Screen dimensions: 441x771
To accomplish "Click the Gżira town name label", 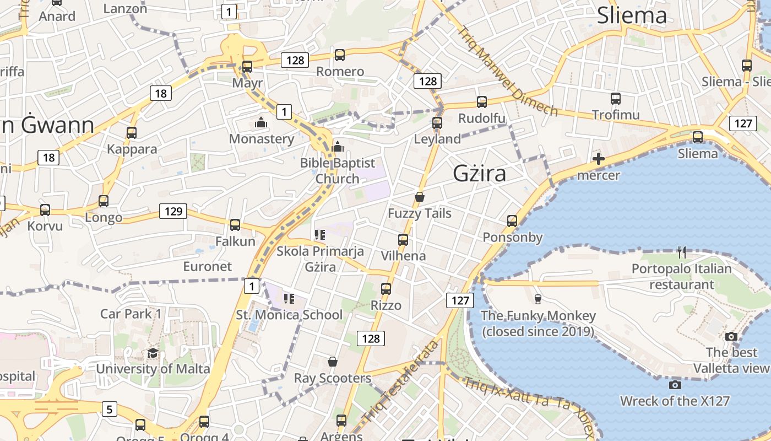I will [480, 174].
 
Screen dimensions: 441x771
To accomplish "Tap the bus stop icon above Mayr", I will [247, 67].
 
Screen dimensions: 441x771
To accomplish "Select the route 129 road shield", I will [173, 211].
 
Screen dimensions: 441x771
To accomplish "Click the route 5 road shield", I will [110, 409].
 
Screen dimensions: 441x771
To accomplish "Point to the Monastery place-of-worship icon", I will [261, 122].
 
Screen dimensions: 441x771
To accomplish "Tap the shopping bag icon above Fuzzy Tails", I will [420, 197].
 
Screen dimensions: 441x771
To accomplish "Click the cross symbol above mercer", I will [599, 159].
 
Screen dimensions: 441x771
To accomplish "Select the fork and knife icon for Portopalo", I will [682, 252].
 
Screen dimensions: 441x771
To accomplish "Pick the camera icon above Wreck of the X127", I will [675, 385].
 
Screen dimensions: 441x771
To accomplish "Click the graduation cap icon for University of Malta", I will [153, 353].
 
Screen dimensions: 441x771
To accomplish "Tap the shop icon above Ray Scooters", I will [333, 362].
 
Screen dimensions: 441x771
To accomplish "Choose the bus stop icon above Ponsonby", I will [512, 221].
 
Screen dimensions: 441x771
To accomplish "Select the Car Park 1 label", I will [131, 314].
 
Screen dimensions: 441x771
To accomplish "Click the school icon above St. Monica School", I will [289, 299].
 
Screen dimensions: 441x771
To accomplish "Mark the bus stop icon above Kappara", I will [132, 133].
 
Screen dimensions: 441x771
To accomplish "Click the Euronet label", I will [208, 266].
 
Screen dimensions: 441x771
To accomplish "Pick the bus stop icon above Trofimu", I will [616, 99].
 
